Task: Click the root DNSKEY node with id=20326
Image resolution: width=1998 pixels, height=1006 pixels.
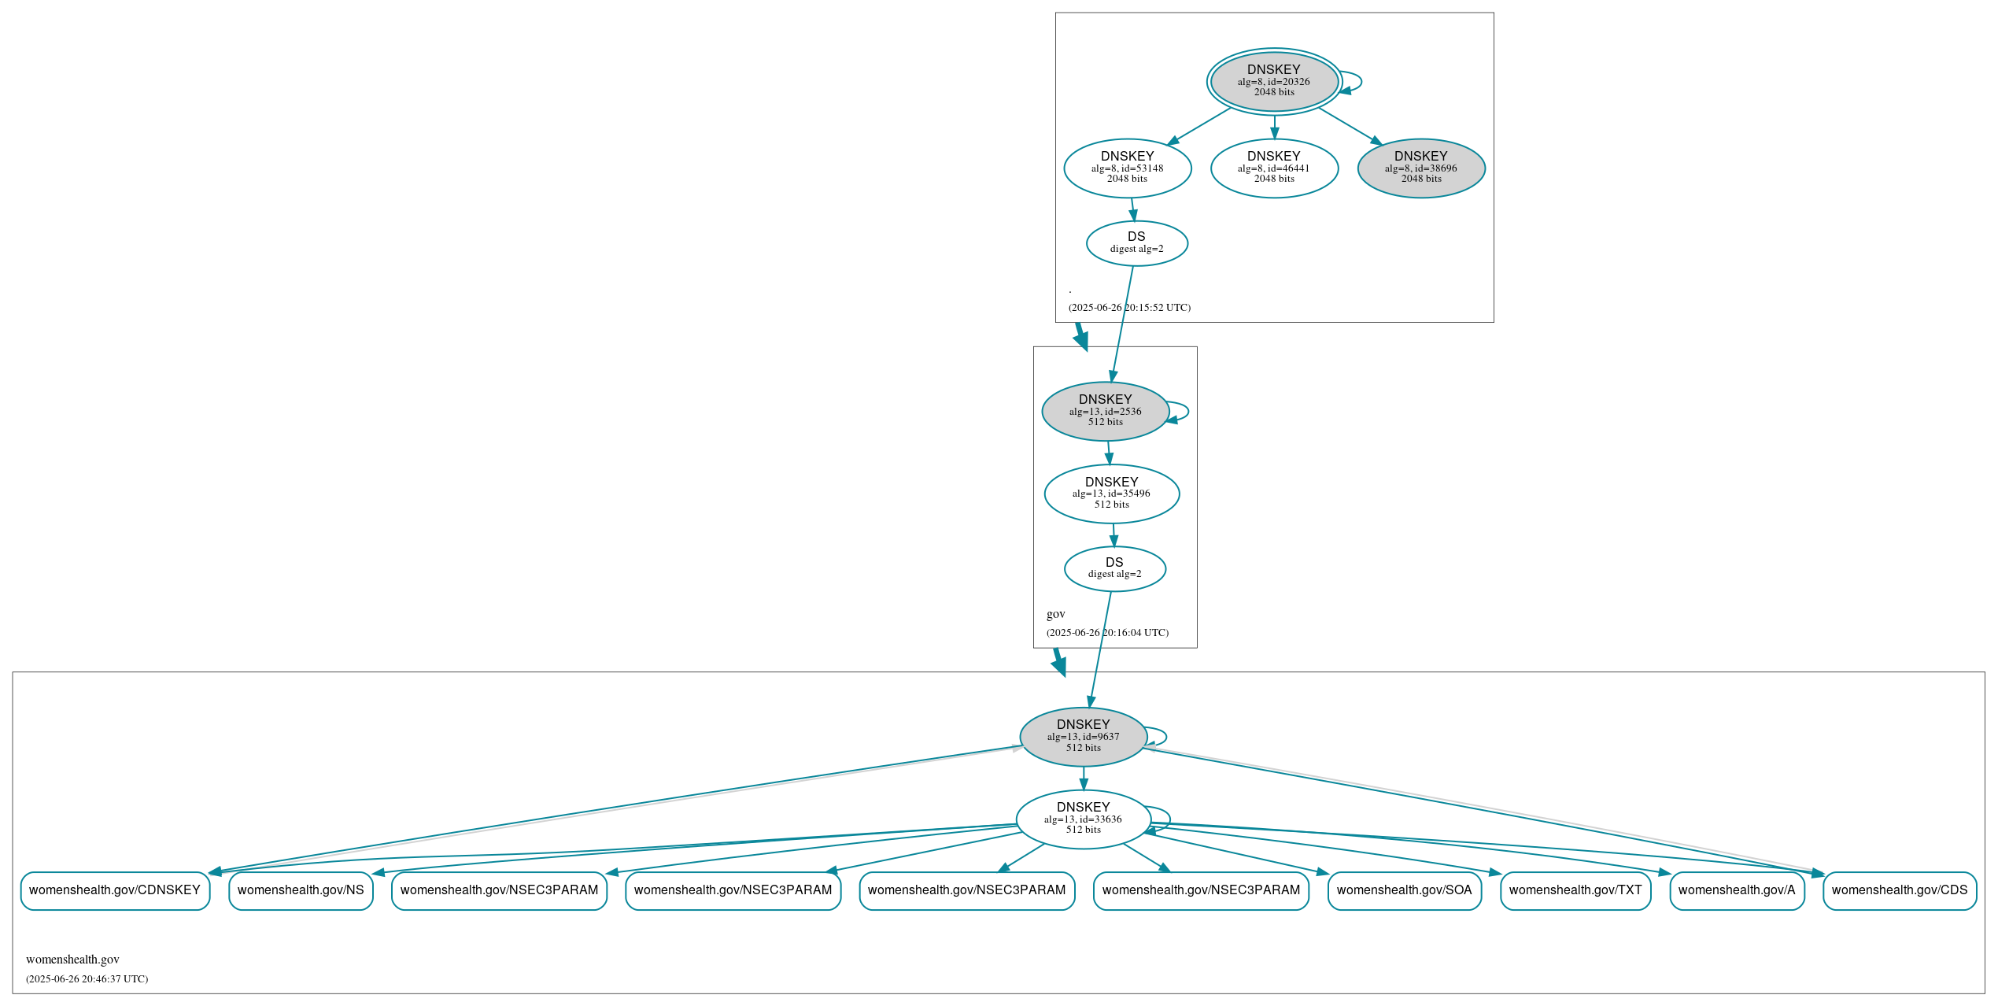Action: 1273,81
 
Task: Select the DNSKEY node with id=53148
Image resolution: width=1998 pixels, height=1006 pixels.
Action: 1127,168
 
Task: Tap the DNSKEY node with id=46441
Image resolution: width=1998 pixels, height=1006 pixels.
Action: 1273,168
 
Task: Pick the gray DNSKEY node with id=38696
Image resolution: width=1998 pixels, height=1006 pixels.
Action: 1420,168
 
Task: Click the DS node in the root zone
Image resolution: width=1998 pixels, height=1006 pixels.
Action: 1136,243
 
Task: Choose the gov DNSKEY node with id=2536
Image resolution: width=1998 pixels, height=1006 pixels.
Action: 1105,411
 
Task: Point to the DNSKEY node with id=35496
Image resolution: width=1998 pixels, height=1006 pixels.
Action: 1111,494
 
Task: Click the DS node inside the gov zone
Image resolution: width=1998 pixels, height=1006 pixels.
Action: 1114,568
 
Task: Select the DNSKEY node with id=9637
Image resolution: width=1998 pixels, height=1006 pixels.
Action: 1083,737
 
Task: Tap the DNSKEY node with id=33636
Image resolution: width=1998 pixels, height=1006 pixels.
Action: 1083,819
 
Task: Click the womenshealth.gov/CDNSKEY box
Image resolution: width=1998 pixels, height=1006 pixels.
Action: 115,890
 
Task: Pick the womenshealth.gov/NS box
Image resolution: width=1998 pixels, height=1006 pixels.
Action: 301,890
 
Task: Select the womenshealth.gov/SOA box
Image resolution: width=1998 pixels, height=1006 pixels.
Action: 1404,890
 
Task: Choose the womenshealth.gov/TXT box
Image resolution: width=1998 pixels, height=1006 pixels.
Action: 1575,890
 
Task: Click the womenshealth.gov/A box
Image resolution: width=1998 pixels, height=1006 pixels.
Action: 1736,890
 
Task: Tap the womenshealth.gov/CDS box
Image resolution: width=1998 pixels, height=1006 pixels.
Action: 1899,890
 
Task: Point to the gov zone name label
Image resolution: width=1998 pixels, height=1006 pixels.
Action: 1055,614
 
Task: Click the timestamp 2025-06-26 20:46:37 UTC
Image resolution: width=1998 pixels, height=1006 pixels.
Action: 87,979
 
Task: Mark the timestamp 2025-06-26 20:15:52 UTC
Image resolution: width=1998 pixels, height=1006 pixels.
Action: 1129,308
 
